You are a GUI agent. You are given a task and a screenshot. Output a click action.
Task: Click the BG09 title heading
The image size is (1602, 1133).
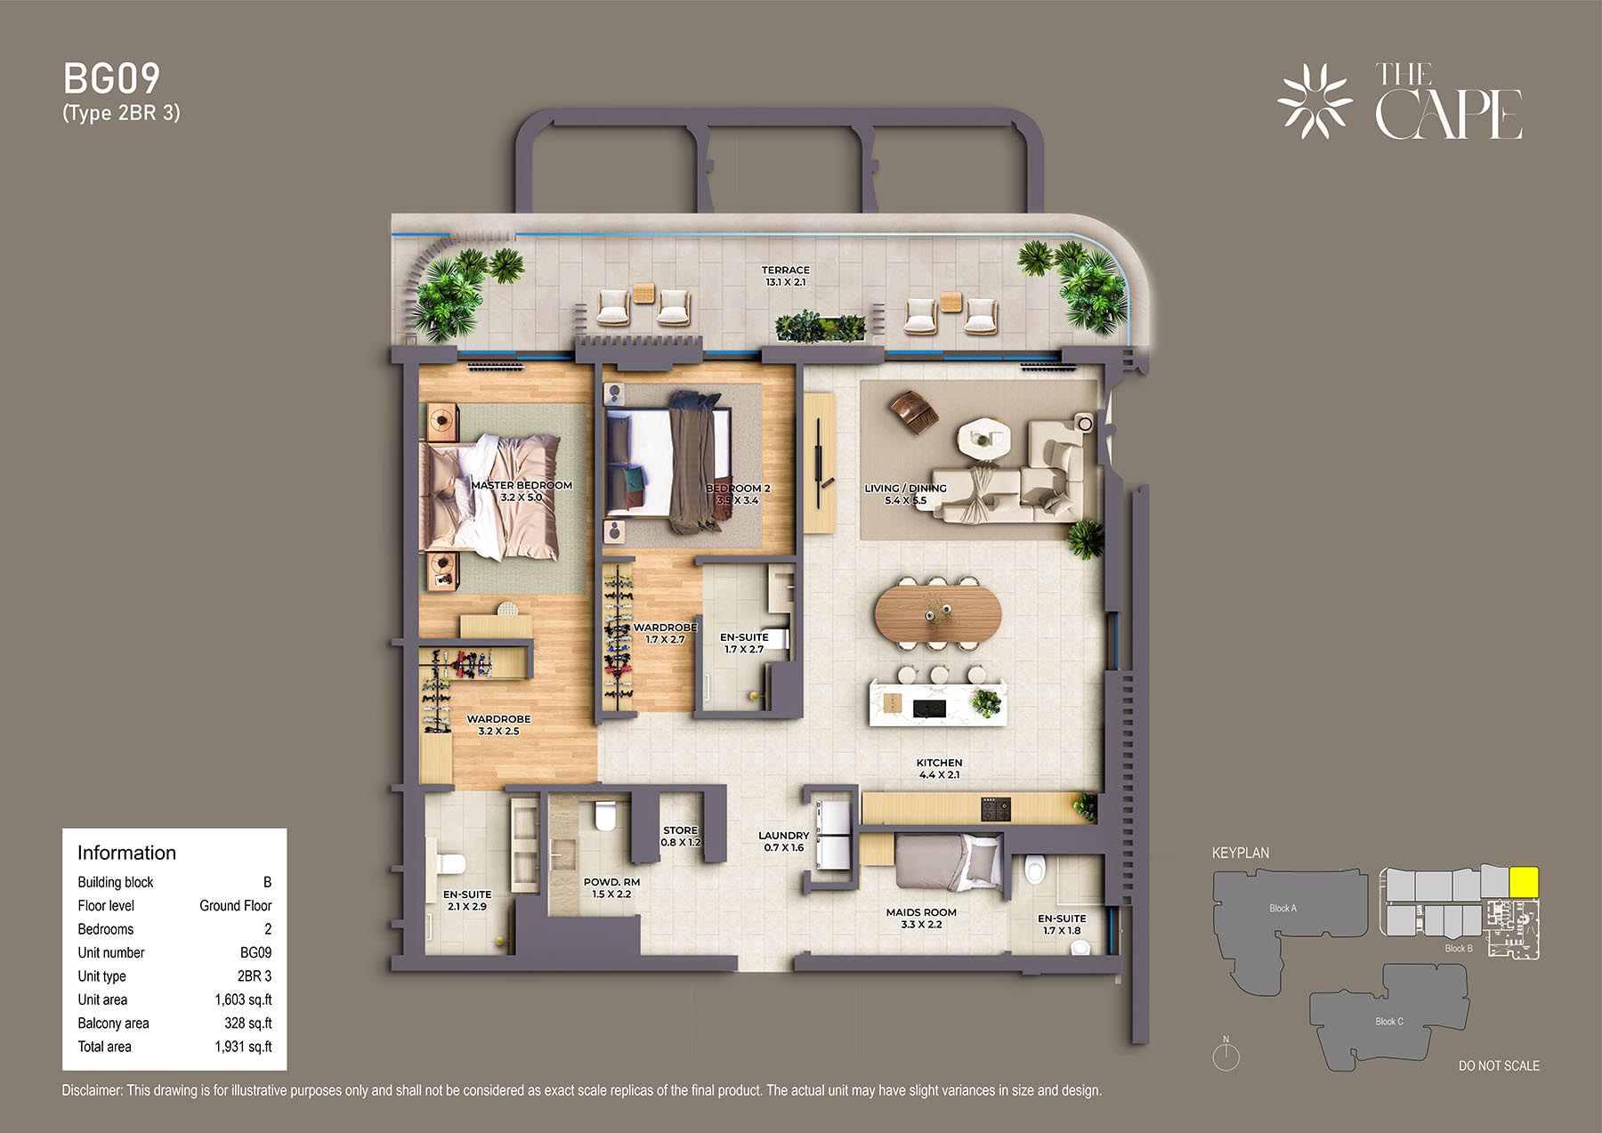pyautogui.click(x=111, y=79)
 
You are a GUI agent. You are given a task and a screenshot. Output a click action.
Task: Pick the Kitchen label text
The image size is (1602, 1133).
pyautogui.click(x=939, y=763)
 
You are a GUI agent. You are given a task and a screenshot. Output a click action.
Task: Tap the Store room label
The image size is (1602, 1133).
pyautogui.click(x=680, y=830)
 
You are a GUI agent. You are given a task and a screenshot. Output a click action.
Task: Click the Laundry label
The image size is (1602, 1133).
pyautogui.click(x=783, y=836)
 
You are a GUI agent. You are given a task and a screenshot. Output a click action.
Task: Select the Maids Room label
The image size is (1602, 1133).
pyautogui.click(x=921, y=912)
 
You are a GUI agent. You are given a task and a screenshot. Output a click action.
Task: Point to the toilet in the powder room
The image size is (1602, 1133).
pyautogui.click(x=604, y=814)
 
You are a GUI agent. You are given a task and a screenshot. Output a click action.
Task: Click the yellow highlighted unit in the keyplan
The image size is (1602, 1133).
pyautogui.click(x=1525, y=882)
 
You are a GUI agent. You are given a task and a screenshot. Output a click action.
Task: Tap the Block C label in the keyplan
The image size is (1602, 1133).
pyautogui.click(x=1388, y=1021)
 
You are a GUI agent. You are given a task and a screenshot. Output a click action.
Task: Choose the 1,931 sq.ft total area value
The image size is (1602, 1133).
pyautogui.click(x=243, y=1047)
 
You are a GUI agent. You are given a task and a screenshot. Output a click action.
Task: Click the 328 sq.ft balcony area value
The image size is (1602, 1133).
pyautogui.click(x=248, y=1024)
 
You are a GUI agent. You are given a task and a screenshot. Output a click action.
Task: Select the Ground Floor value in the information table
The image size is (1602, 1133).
pyautogui.click(x=235, y=905)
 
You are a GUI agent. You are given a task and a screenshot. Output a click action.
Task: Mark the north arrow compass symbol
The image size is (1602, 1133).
pyautogui.click(x=1226, y=1055)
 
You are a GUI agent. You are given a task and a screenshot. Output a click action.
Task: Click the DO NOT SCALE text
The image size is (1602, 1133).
pyautogui.click(x=1499, y=1065)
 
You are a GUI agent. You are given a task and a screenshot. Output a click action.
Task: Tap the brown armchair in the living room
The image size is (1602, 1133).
pyautogui.click(x=913, y=411)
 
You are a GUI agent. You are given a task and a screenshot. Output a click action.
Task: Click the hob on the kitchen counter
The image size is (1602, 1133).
pyautogui.click(x=996, y=809)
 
